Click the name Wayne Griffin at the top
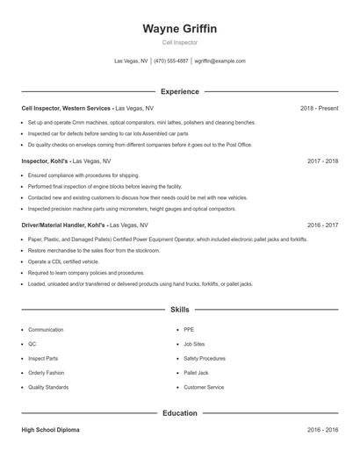180,28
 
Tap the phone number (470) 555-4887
171,61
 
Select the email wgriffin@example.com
220,61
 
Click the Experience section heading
180,91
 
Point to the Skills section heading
180,310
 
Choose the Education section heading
180,412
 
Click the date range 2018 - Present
319,108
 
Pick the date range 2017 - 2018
323,161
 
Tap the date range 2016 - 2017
323,225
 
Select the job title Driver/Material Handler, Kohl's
61,225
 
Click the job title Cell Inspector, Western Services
67,108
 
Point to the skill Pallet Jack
196,373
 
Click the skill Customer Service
204,387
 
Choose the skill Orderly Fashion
47,373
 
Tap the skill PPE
189,330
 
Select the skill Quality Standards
48,387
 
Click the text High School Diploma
50,431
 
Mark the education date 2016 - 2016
323,431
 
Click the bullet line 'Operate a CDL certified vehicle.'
63,261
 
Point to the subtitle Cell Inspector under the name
180,42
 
